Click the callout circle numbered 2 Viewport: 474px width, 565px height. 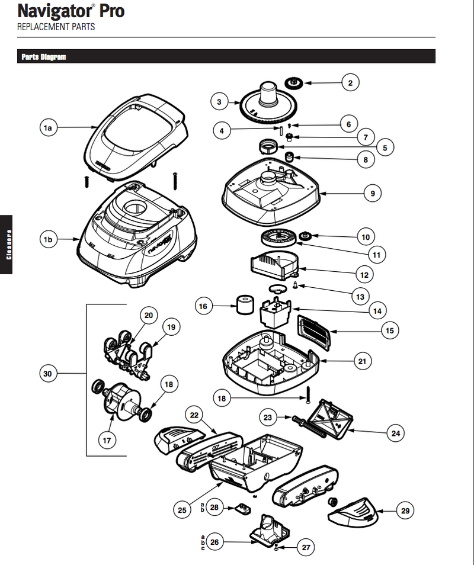(x=350, y=83)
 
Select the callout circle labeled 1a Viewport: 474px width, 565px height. (x=49, y=127)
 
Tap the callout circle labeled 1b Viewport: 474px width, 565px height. (x=49, y=240)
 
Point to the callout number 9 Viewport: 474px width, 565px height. (x=373, y=193)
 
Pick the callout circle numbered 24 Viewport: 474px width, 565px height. (x=396, y=434)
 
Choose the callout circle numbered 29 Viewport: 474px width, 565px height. (x=405, y=510)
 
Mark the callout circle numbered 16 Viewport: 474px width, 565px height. (x=204, y=306)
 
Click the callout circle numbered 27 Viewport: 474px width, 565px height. (x=306, y=548)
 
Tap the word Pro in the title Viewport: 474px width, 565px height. (x=108, y=11)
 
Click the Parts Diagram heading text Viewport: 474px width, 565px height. (x=43, y=57)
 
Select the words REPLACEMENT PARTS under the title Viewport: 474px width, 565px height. (x=56, y=27)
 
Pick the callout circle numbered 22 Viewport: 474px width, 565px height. (x=194, y=416)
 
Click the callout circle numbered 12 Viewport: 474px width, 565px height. (x=364, y=275)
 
